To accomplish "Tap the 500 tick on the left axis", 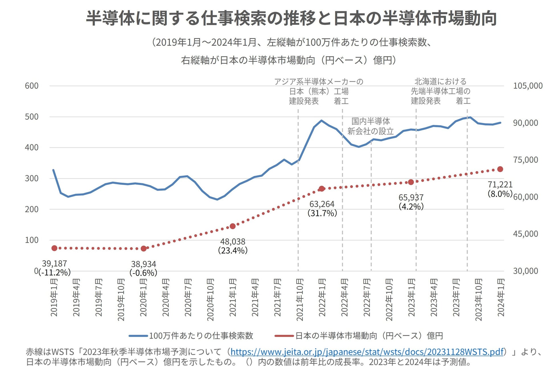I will (x=32, y=117).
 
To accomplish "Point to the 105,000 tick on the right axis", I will (x=528, y=86).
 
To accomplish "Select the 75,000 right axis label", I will (x=525, y=160).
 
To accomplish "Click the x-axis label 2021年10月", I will (x=300, y=299).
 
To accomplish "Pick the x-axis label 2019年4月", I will (x=76, y=297).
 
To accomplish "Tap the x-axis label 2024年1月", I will (x=501, y=297).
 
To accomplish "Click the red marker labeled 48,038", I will (x=233, y=226).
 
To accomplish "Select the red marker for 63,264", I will (x=322, y=189).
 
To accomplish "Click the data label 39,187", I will (x=54, y=264).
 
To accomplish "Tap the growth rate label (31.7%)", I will (x=322, y=213).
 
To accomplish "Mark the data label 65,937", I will (x=411, y=197).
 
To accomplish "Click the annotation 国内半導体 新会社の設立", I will (x=371, y=126).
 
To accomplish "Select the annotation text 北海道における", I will (x=440, y=82).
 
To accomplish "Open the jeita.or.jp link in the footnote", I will (x=367, y=352).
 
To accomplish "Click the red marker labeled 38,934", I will (x=144, y=248).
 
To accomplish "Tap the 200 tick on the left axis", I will (x=32, y=209).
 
